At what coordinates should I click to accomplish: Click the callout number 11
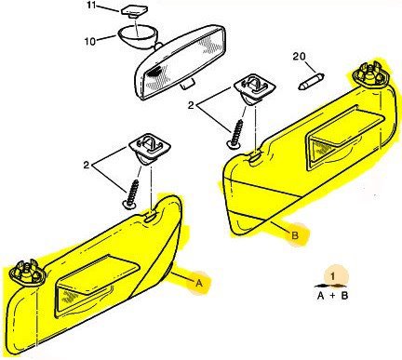pyautogui.click(x=92, y=7)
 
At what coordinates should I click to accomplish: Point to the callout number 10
pyautogui.click(x=90, y=41)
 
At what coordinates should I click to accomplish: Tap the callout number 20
pyautogui.click(x=299, y=57)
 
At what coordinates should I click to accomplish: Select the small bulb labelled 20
pyautogui.click(x=311, y=81)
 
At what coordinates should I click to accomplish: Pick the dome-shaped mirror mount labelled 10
pyautogui.click(x=138, y=34)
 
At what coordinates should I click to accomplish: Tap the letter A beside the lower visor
pyautogui.click(x=199, y=283)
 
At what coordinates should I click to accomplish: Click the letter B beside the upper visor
pyautogui.click(x=295, y=235)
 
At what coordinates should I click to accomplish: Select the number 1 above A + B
pyautogui.click(x=333, y=276)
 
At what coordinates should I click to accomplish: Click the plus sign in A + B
pyautogui.click(x=332, y=296)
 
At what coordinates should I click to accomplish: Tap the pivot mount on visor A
pyautogui.click(x=27, y=273)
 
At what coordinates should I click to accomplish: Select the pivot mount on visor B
pyautogui.click(x=369, y=74)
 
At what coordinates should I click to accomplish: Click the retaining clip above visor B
pyautogui.click(x=255, y=89)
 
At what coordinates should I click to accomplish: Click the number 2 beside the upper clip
pyautogui.click(x=191, y=105)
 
